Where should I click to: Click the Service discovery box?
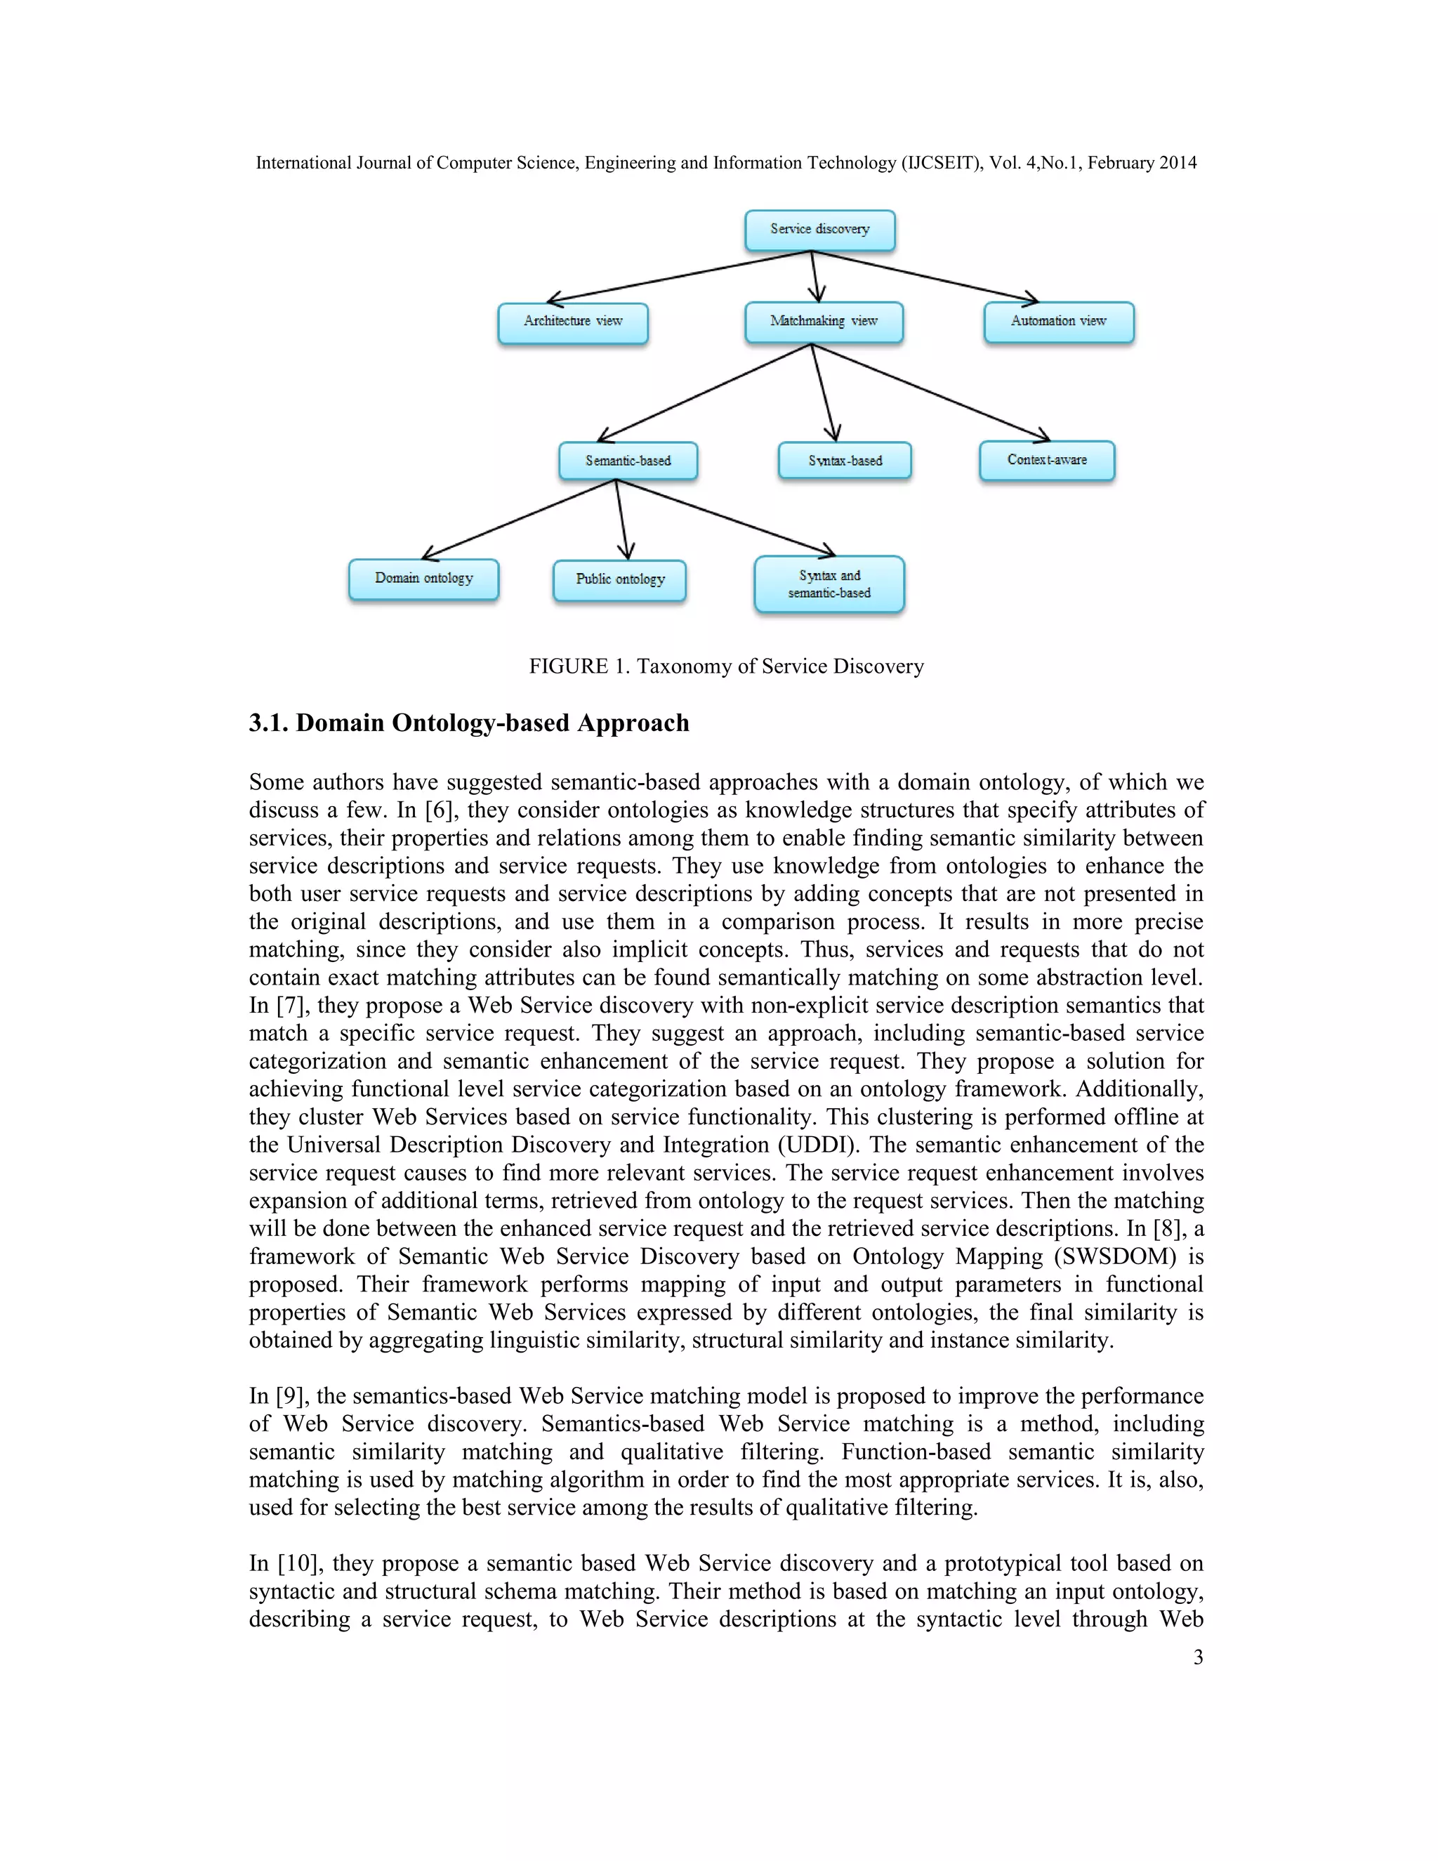click(819, 230)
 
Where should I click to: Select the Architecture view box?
click(572, 322)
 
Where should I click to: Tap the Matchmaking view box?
click(823, 322)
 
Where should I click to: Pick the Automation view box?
click(1058, 322)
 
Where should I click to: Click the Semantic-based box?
click(628, 461)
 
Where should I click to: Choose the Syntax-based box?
click(844, 461)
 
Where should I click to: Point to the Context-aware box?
click(1046, 460)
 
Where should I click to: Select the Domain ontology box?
click(423, 579)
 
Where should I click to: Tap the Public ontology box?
click(619, 579)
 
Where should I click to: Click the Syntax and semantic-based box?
click(829, 584)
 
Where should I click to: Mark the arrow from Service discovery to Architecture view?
click(682, 276)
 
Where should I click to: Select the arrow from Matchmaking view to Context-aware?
click(928, 391)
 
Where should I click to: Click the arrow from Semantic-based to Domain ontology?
click(520, 519)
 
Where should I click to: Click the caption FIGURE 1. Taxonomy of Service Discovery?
click(726, 666)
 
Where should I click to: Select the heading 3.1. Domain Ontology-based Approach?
click(468, 723)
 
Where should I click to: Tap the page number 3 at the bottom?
click(1198, 1657)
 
